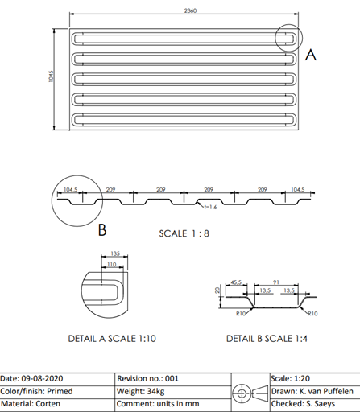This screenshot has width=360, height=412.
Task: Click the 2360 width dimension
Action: click(x=190, y=10)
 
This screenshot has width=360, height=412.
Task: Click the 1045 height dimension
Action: click(x=51, y=76)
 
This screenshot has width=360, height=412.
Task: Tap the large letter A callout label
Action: click(x=311, y=55)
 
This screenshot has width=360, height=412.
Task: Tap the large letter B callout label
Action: click(x=102, y=230)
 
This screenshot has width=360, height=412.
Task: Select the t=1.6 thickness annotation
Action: click(x=210, y=207)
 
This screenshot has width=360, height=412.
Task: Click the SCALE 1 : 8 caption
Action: click(x=184, y=233)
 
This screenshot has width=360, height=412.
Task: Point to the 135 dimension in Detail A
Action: click(x=115, y=253)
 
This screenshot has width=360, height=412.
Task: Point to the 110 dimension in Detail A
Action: click(x=111, y=264)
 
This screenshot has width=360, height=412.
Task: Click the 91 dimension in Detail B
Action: click(x=276, y=282)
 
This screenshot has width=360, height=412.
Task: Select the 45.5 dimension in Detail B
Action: click(x=236, y=282)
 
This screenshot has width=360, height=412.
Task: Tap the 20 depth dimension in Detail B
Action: click(x=217, y=290)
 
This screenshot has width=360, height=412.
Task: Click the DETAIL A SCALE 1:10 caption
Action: click(x=112, y=339)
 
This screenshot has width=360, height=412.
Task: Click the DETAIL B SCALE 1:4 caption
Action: click(x=267, y=339)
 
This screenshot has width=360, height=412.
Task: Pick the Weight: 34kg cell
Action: click(x=141, y=391)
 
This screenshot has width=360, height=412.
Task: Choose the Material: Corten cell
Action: click(x=31, y=404)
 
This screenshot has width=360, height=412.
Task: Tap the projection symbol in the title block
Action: click(x=250, y=393)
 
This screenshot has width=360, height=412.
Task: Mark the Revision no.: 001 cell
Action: click(x=147, y=378)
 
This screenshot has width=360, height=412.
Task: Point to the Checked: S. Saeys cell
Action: click(x=303, y=404)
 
